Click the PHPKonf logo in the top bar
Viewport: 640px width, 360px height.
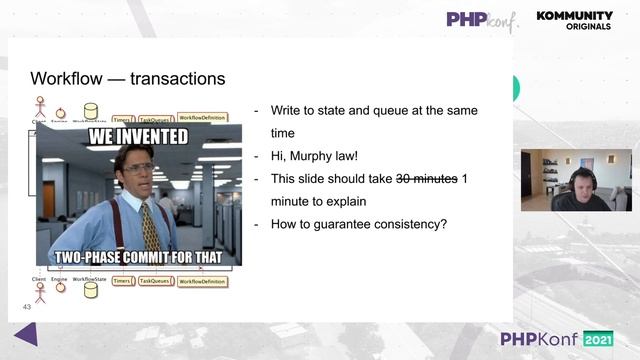482,19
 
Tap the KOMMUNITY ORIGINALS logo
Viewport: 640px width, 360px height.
574,20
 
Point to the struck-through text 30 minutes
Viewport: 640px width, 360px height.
427,179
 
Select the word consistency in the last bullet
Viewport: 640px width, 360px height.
400,223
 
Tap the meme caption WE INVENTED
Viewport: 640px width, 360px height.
139,137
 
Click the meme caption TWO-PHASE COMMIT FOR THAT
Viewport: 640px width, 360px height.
139,256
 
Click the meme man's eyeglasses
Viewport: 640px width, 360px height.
133,169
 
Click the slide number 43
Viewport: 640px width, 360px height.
27,308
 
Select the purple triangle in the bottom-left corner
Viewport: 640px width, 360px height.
26,334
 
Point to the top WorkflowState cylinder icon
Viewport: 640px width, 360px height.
91,110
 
